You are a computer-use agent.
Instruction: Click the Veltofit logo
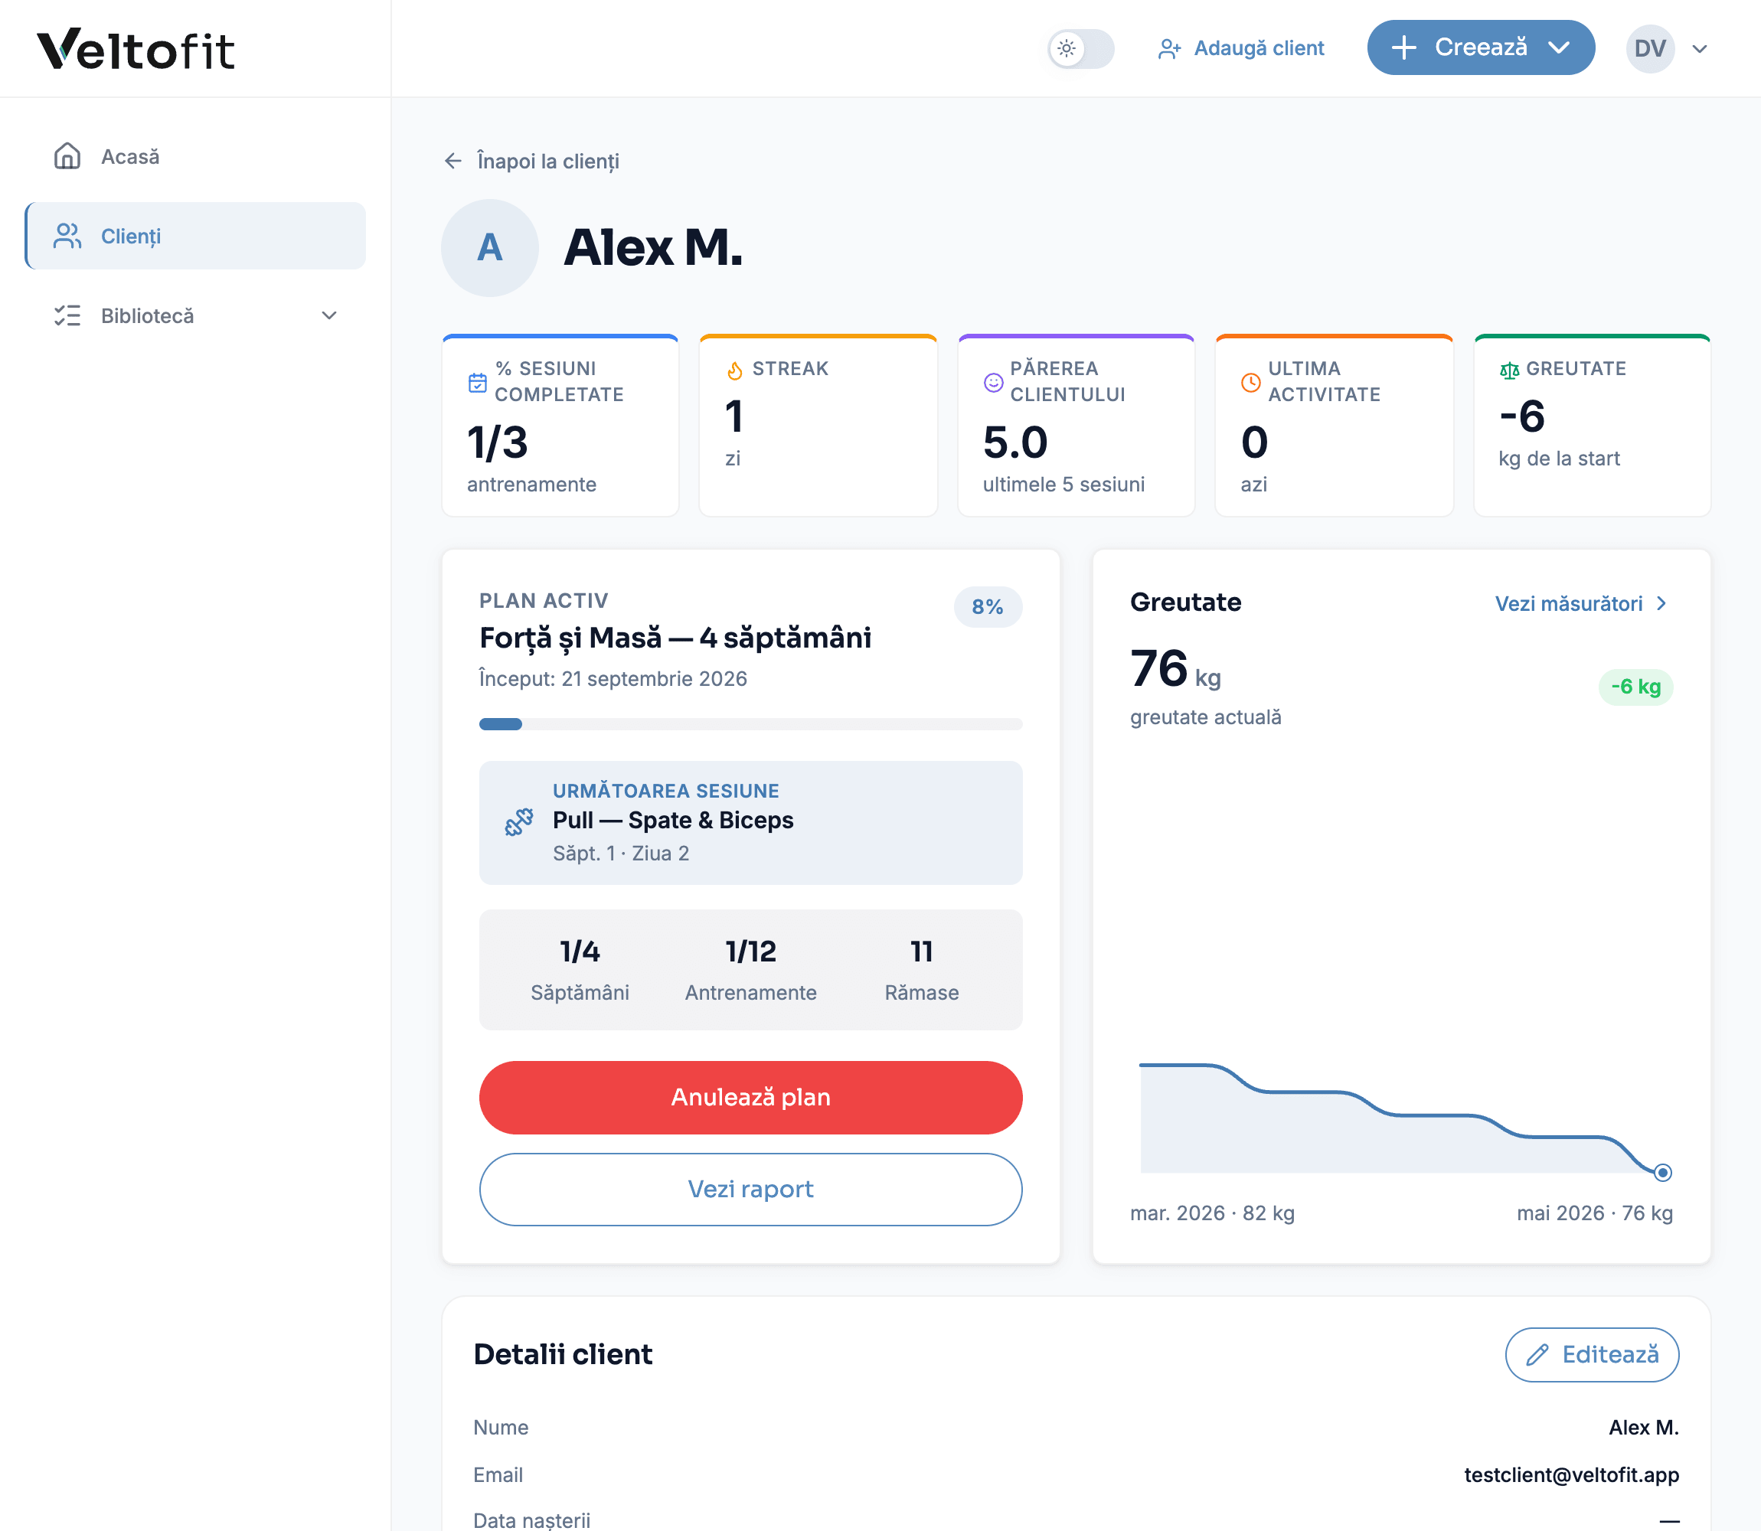[x=136, y=49]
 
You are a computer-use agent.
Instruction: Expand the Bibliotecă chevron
[x=329, y=315]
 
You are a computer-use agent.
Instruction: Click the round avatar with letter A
[x=489, y=248]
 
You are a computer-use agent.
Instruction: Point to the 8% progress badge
[x=988, y=606]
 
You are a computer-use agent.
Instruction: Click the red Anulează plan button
[x=750, y=1097]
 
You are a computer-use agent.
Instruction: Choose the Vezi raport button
[x=750, y=1190]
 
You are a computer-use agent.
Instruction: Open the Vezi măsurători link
[x=1582, y=603]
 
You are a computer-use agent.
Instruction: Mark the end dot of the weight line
[x=1663, y=1172]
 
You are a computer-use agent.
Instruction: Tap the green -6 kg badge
[x=1635, y=686]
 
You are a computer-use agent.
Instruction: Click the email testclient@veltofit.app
[x=1571, y=1474]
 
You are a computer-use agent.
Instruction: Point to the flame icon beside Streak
[x=735, y=370]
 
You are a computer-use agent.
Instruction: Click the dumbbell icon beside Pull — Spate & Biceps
[x=518, y=822]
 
